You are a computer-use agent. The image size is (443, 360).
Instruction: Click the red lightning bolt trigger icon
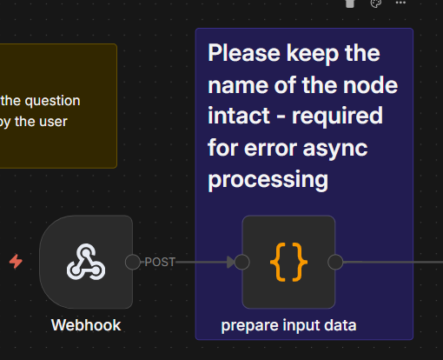[x=16, y=262]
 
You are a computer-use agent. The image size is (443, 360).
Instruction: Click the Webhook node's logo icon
[x=86, y=262]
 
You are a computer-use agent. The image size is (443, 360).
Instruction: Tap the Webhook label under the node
[x=86, y=325]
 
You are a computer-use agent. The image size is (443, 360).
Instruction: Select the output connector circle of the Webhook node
[x=133, y=262]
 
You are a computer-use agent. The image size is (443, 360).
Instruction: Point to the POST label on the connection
[x=160, y=262]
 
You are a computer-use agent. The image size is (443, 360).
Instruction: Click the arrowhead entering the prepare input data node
[x=231, y=262]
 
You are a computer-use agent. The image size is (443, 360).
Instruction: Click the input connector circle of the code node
[x=242, y=262]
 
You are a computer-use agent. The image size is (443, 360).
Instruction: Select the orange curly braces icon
[x=288, y=262]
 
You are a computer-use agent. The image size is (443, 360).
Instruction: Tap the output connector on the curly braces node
[x=335, y=262]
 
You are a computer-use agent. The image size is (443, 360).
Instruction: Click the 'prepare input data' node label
[x=288, y=325]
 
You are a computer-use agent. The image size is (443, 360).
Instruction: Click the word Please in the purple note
[x=244, y=53]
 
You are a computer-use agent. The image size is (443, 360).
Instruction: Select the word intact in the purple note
[x=239, y=116]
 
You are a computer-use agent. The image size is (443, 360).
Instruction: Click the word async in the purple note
[x=335, y=150]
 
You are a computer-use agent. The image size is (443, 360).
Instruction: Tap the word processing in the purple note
[x=268, y=181]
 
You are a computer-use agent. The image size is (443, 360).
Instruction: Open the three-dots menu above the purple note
[x=400, y=3]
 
